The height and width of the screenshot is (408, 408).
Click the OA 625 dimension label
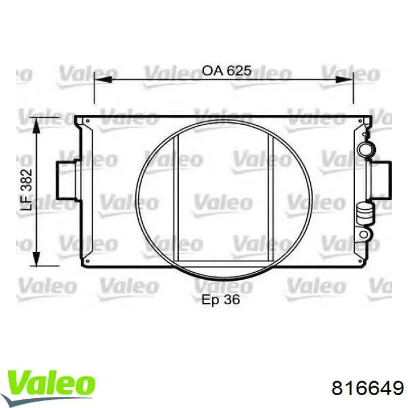pos(227,71)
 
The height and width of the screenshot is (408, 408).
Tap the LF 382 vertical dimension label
pos(27,189)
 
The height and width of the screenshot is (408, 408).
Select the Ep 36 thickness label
pos(220,300)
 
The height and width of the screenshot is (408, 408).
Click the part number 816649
pos(368,389)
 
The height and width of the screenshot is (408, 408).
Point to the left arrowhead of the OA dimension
pos(103,80)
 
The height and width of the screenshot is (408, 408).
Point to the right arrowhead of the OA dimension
pos(344,80)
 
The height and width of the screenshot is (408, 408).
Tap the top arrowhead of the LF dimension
pos(36,126)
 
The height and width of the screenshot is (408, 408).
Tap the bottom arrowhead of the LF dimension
pos(36,258)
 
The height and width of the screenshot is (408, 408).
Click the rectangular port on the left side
pos(65,180)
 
